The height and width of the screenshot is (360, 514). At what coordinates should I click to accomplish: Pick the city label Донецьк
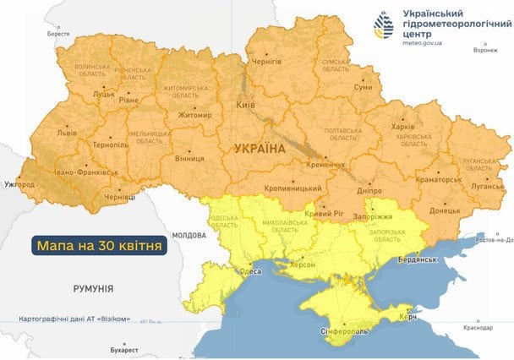click(x=444, y=210)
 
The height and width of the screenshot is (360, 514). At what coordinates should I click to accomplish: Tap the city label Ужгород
click(x=19, y=183)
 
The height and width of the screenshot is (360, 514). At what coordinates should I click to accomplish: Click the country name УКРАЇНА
click(x=259, y=149)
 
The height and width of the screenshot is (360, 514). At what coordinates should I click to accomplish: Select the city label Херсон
click(x=302, y=265)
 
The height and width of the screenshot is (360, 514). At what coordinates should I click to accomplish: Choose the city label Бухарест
click(x=123, y=348)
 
